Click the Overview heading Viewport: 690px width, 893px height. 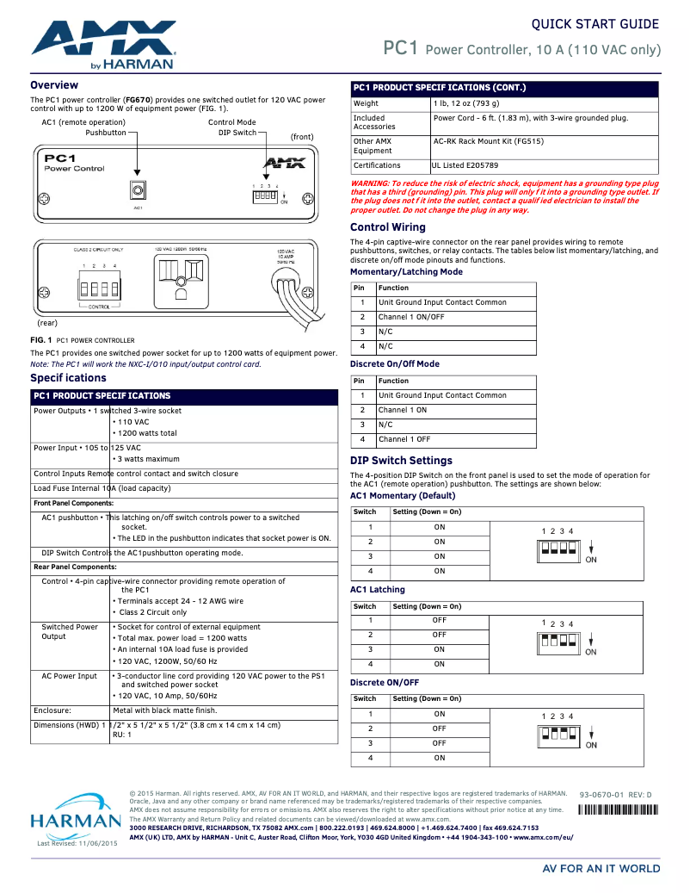(x=54, y=85)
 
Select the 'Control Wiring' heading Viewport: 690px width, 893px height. (x=387, y=227)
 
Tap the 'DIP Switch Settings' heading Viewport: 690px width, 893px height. (x=401, y=461)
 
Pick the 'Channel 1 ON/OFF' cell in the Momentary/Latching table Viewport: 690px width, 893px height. (x=411, y=317)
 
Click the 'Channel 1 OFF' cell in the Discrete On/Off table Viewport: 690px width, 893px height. (x=404, y=439)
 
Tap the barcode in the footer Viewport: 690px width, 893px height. (x=617, y=809)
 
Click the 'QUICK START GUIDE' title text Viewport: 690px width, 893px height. (x=595, y=24)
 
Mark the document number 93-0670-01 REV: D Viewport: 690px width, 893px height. (x=615, y=794)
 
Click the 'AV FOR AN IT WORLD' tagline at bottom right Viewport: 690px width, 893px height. (x=601, y=869)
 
